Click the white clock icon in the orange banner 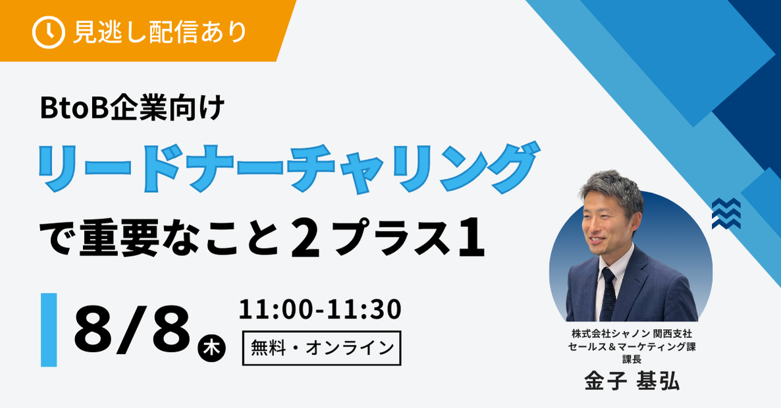(x=48, y=32)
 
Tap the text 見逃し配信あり (x=160, y=32)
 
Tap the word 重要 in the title (x=119, y=240)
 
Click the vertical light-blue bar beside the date (x=49, y=330)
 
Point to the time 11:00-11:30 (x=320, y=309)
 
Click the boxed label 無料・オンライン (x=322, y=348)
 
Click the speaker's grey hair (x=611, y=190)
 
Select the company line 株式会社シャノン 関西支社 (x=632, y=334)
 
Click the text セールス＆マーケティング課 (x=632, y=347)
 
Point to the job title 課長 (x=632, y=359)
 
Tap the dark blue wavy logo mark (x=726, y=213)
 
